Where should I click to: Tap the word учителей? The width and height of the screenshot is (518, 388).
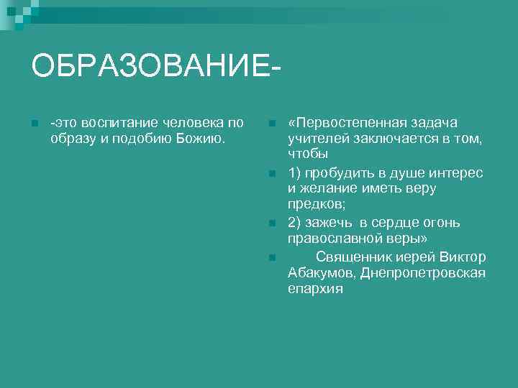[317, 139]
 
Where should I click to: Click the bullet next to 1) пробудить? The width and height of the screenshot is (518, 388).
[270, 173]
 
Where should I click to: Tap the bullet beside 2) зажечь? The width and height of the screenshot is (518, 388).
[270, 223]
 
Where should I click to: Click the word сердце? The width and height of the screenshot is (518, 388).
[394, 223]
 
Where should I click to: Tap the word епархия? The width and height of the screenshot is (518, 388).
[315, 290]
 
